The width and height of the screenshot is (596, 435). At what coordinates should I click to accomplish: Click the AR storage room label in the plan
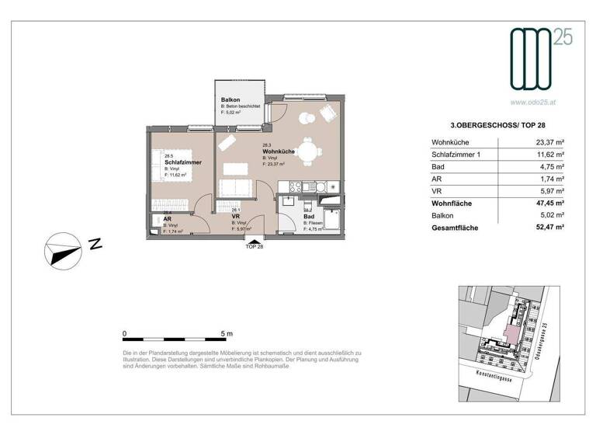click(167, 219)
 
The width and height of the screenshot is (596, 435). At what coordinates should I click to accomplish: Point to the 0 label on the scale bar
click(124, 333)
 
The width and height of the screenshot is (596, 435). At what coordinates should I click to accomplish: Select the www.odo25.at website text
click(533, 100)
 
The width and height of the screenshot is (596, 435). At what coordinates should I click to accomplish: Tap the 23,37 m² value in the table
click(548, 141)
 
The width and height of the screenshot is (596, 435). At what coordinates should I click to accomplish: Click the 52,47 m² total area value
click(548, 228)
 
